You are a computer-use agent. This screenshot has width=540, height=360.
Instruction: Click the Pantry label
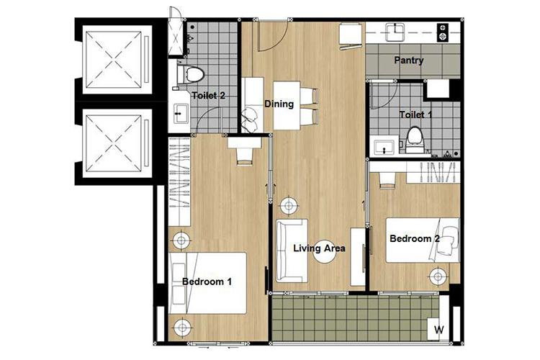(408, 60)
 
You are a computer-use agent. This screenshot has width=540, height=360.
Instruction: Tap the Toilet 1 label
(415, 114)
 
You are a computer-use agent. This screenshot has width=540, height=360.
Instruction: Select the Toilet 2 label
(208, 96)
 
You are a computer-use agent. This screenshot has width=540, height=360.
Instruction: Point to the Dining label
(279, 104)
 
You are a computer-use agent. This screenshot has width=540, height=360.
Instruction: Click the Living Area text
(319, 248)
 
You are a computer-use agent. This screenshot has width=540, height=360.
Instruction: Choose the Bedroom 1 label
(207, 282)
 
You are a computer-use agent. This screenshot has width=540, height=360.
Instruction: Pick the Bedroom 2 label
(415, 238)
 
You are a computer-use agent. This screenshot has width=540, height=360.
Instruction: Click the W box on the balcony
(438, 329)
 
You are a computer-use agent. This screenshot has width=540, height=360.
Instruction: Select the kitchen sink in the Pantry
(395, 32)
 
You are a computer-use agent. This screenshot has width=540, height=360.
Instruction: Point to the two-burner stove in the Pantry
(443, 32)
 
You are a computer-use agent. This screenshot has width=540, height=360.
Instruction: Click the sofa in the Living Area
(292, 251)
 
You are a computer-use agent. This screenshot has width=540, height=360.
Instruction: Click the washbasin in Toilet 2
(181, 113)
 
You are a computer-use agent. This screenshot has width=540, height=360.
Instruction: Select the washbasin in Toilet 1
(384, 147)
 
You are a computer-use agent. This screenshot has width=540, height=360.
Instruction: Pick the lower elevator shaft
(114, 143)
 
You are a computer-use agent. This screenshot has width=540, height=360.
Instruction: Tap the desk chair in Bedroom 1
(245, 156)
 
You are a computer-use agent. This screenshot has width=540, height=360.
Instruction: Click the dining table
(287, 105)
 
